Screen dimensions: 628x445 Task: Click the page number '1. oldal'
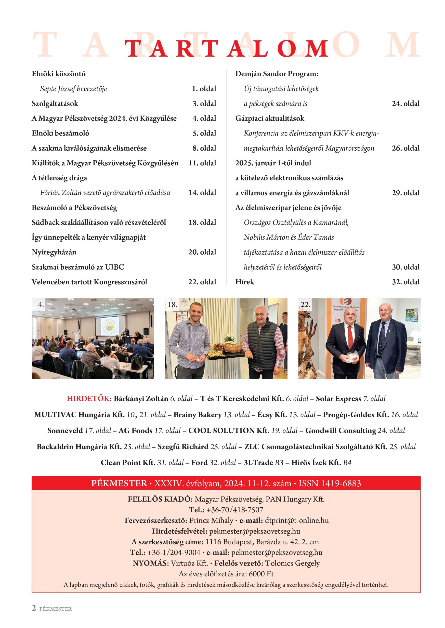pos(204,89)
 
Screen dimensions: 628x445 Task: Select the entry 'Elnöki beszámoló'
pos(60,133)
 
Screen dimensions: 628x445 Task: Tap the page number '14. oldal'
pos(202,193)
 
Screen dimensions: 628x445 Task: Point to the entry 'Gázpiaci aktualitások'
pos(270,118)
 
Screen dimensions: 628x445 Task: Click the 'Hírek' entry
pos(245,282)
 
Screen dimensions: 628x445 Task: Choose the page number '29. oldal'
pos(406,193)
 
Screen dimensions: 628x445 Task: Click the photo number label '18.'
pos(172,304)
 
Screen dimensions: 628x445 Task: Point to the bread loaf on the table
pos(233,347)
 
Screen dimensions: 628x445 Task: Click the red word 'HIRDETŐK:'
pos(89,398)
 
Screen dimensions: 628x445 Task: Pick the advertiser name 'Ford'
pos(199,462)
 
